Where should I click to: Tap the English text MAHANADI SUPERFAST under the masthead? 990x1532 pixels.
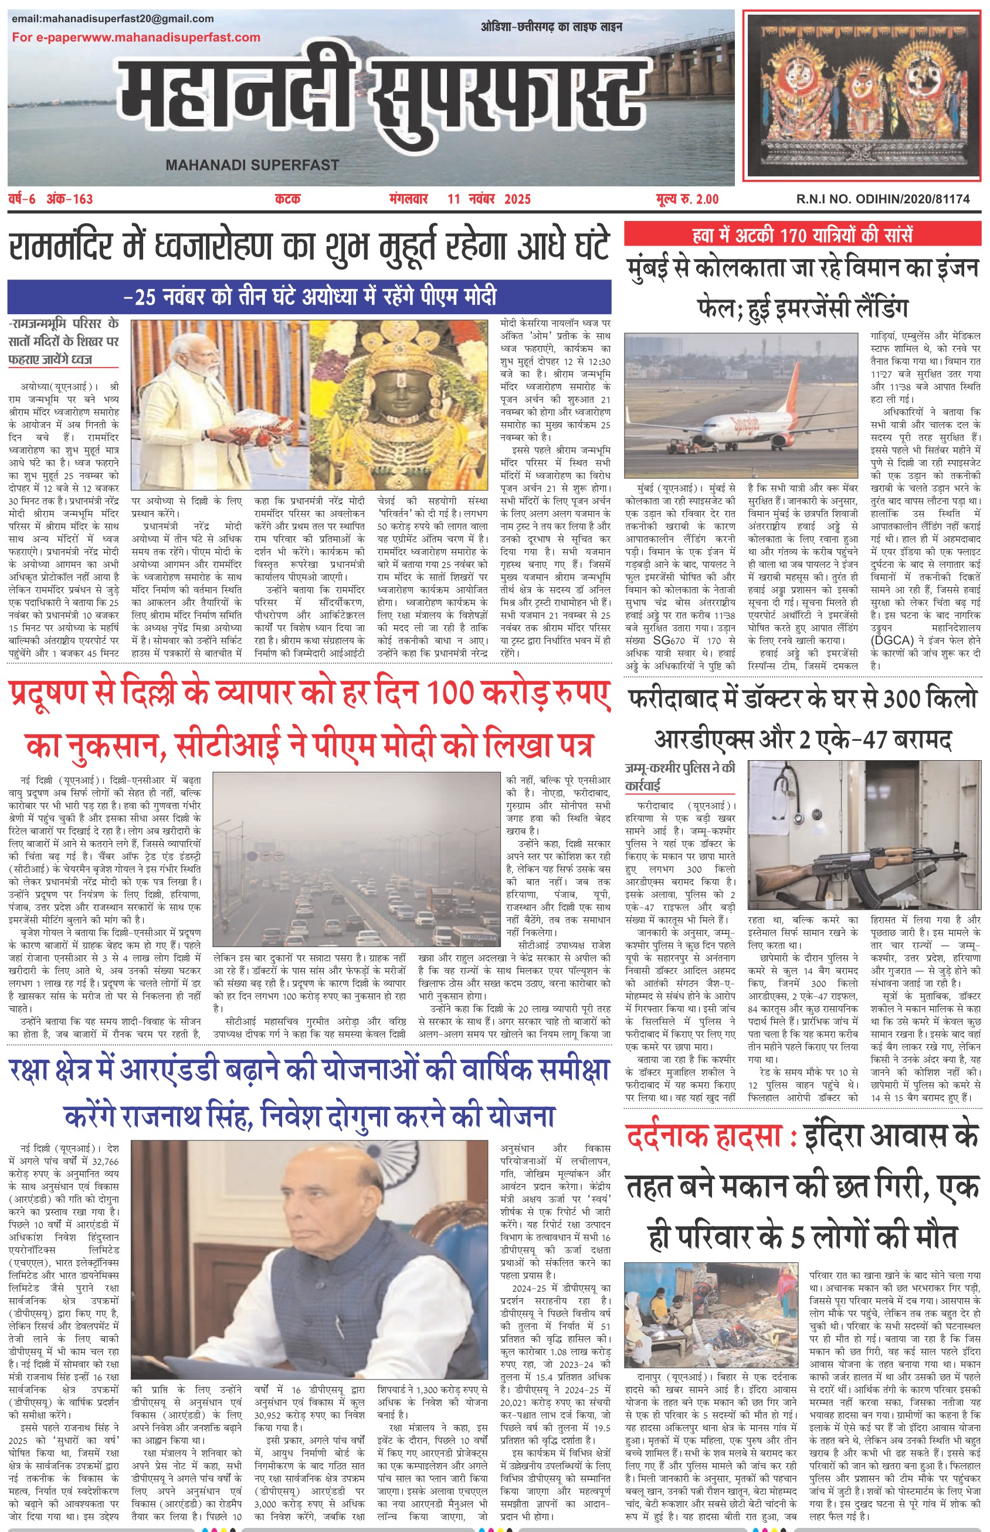252,165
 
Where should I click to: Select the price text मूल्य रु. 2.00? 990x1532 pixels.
687,199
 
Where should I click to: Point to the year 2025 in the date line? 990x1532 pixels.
517,199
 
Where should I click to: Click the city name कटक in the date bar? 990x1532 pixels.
287,199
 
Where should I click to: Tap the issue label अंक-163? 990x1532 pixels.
69,199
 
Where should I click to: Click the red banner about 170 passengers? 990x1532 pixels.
802,234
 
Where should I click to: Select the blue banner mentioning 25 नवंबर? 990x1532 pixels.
309,297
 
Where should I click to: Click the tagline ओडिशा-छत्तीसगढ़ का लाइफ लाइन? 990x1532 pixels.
551,27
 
